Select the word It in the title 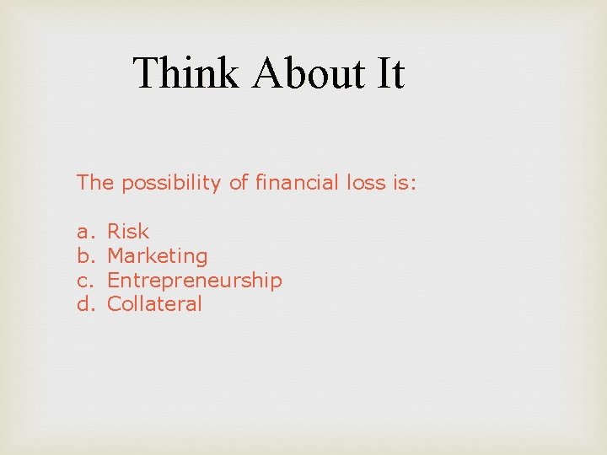point(390,72)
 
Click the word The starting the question point(96,183)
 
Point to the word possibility point(172,183)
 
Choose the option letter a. point(83,232)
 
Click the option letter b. point(83,255)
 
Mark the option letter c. point(83,280)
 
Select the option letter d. point(83,303)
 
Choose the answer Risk point(128,232)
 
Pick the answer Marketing point(158,256)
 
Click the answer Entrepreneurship point(195,281)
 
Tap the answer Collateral point(155,303)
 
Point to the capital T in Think point(145,72)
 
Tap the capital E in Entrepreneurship point(114,280)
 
